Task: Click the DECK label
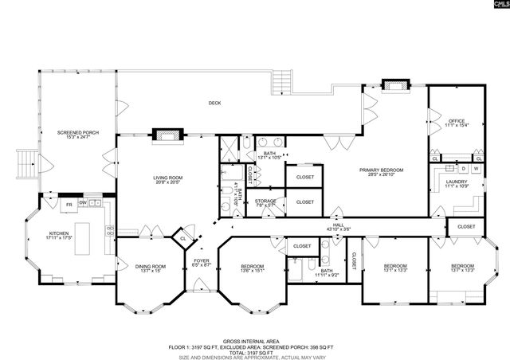(214, 103)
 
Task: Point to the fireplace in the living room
(167, 134)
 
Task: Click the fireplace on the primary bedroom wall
(394, 84)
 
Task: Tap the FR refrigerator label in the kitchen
(69, 205)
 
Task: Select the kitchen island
(83, 238)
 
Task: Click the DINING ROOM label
(150, 266)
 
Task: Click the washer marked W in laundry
(476, 169)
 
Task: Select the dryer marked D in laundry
(463, 169)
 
